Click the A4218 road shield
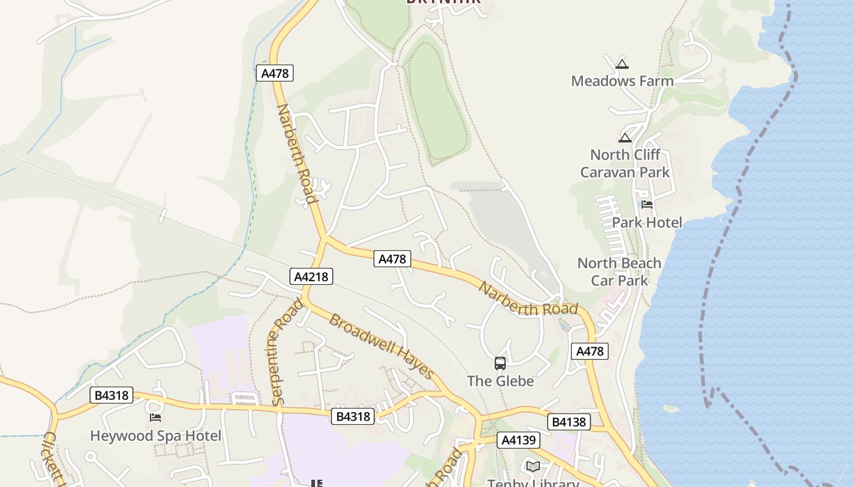(x=311, y=277)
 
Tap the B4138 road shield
(x=568, y=422)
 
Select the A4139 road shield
(x=518, y=440)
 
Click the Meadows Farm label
(x=622, y=81)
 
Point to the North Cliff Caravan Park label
(x=625, y=163)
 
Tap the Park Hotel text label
(x=647, y=222)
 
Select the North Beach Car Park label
(x=619, y=272)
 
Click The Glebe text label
(x=500, y=381)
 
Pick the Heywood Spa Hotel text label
(x=155, y=436)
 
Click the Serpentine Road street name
(x=285, y=351)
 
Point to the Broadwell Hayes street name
(x=381, y=346)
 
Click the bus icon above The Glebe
(x=500, y=363)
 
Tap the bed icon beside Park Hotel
(x=647, y=205)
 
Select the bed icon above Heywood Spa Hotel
(x=155, y=418)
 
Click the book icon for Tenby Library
(x=533, y=466)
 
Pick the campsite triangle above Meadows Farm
(x=621, y=63)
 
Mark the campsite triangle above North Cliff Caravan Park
(x=625, y=138)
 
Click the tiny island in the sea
(x=671, y=408)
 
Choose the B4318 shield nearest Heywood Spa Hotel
(x=111, y=395)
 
